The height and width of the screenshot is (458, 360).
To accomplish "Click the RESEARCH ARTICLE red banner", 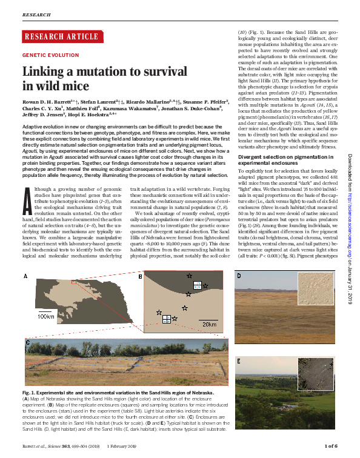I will pyautogui.click(x=53, y=36).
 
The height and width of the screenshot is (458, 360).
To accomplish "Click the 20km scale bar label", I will pyautogui.click(x=209, y=324).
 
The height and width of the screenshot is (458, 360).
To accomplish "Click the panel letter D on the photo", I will pyautogui.click(x=239, y=276).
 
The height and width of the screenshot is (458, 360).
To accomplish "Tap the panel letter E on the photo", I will pyautogui.click(x=239, y=361).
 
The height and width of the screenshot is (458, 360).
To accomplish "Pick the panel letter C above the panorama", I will pyautogui.click(x=28, y=342).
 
